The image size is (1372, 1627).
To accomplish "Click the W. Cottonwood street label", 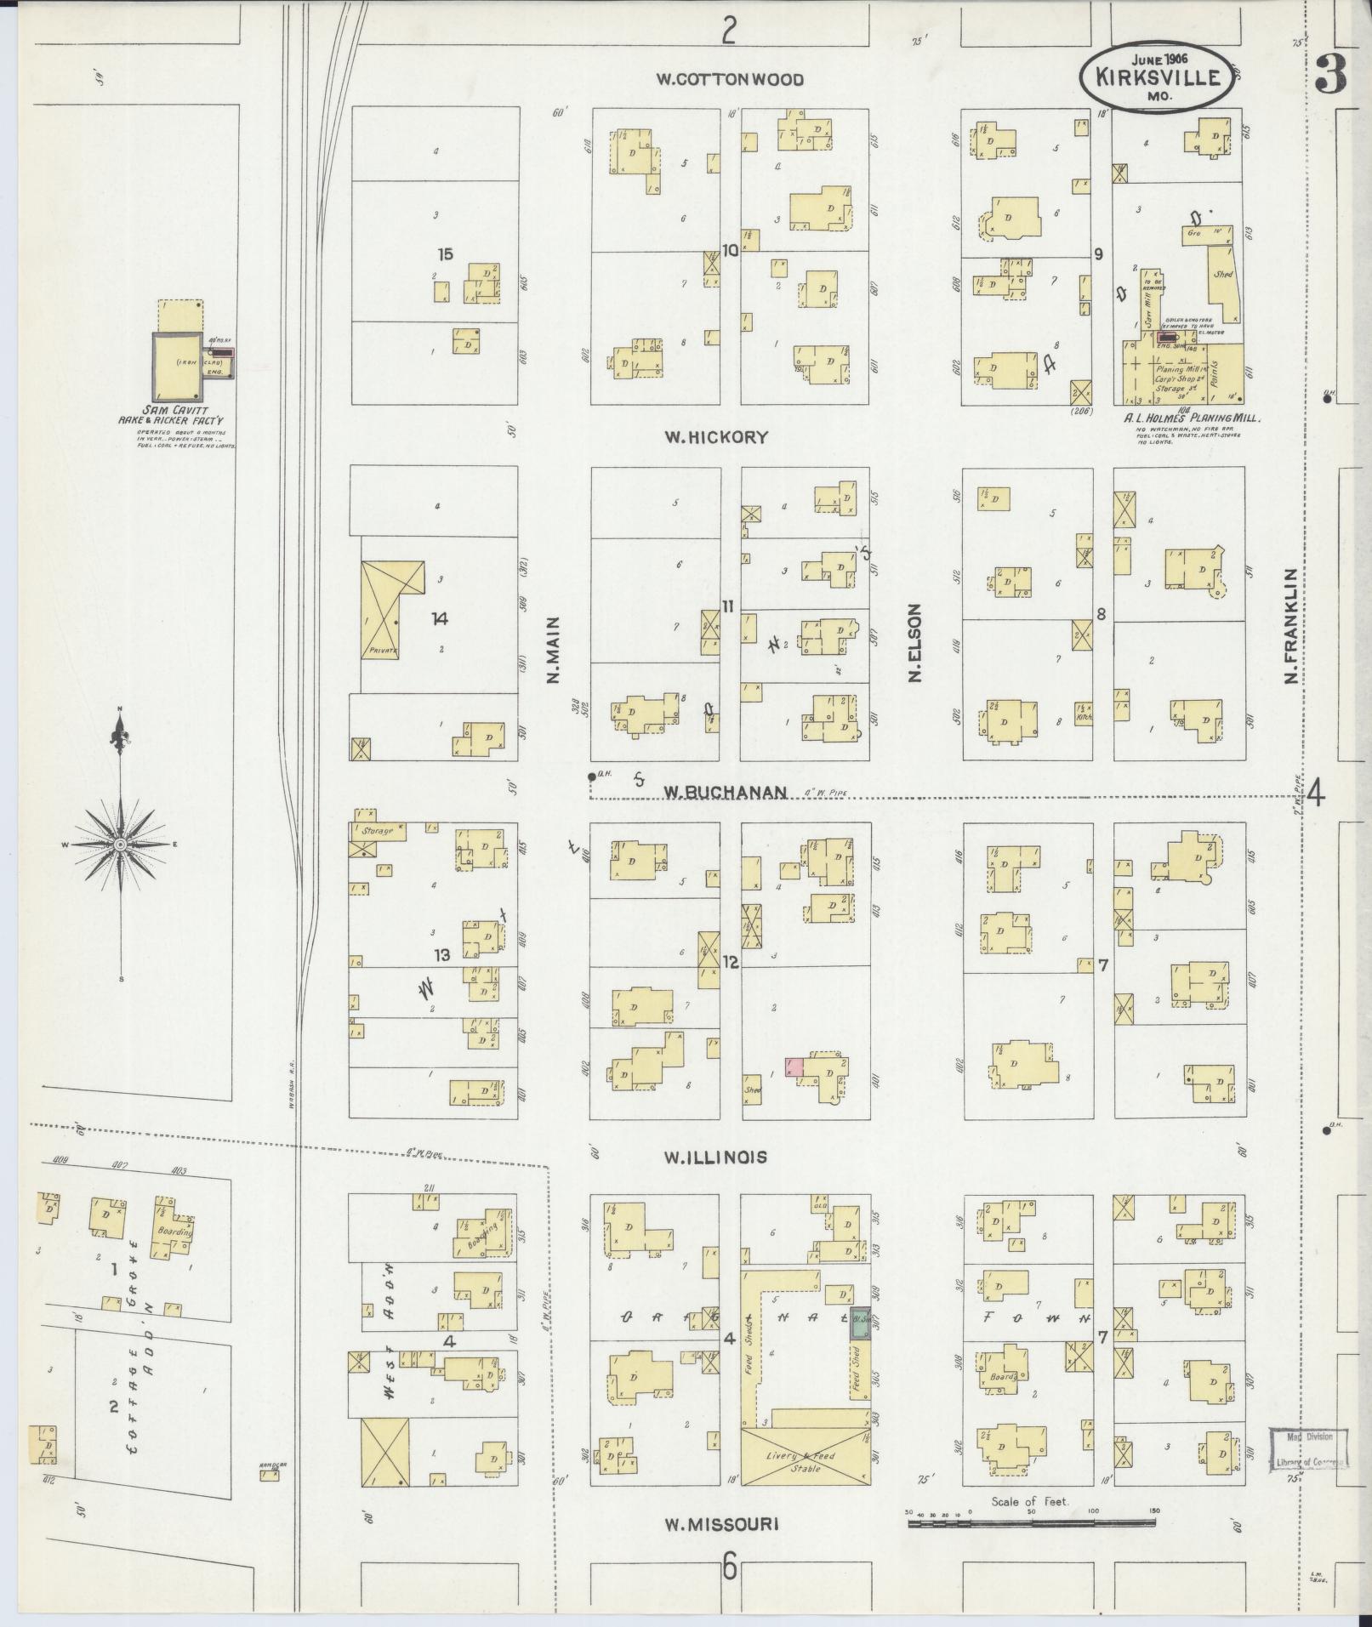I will click(x=729, y=79).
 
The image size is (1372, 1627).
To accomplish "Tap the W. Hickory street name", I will click(x=716, y=437).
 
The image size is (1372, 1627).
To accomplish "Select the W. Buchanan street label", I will click(x=725, y=791).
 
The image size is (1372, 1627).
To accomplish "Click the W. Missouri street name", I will click(x=721, y=1524).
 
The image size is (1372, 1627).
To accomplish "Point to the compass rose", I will click(x=121, y=844).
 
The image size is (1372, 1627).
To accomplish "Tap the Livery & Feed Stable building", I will click(x=805, y=1461).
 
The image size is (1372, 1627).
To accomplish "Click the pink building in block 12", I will click(x=794, y=1067).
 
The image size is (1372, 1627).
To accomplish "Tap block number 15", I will click(x=445, y=253).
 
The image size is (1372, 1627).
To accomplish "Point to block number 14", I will click(x=439, y=619).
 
